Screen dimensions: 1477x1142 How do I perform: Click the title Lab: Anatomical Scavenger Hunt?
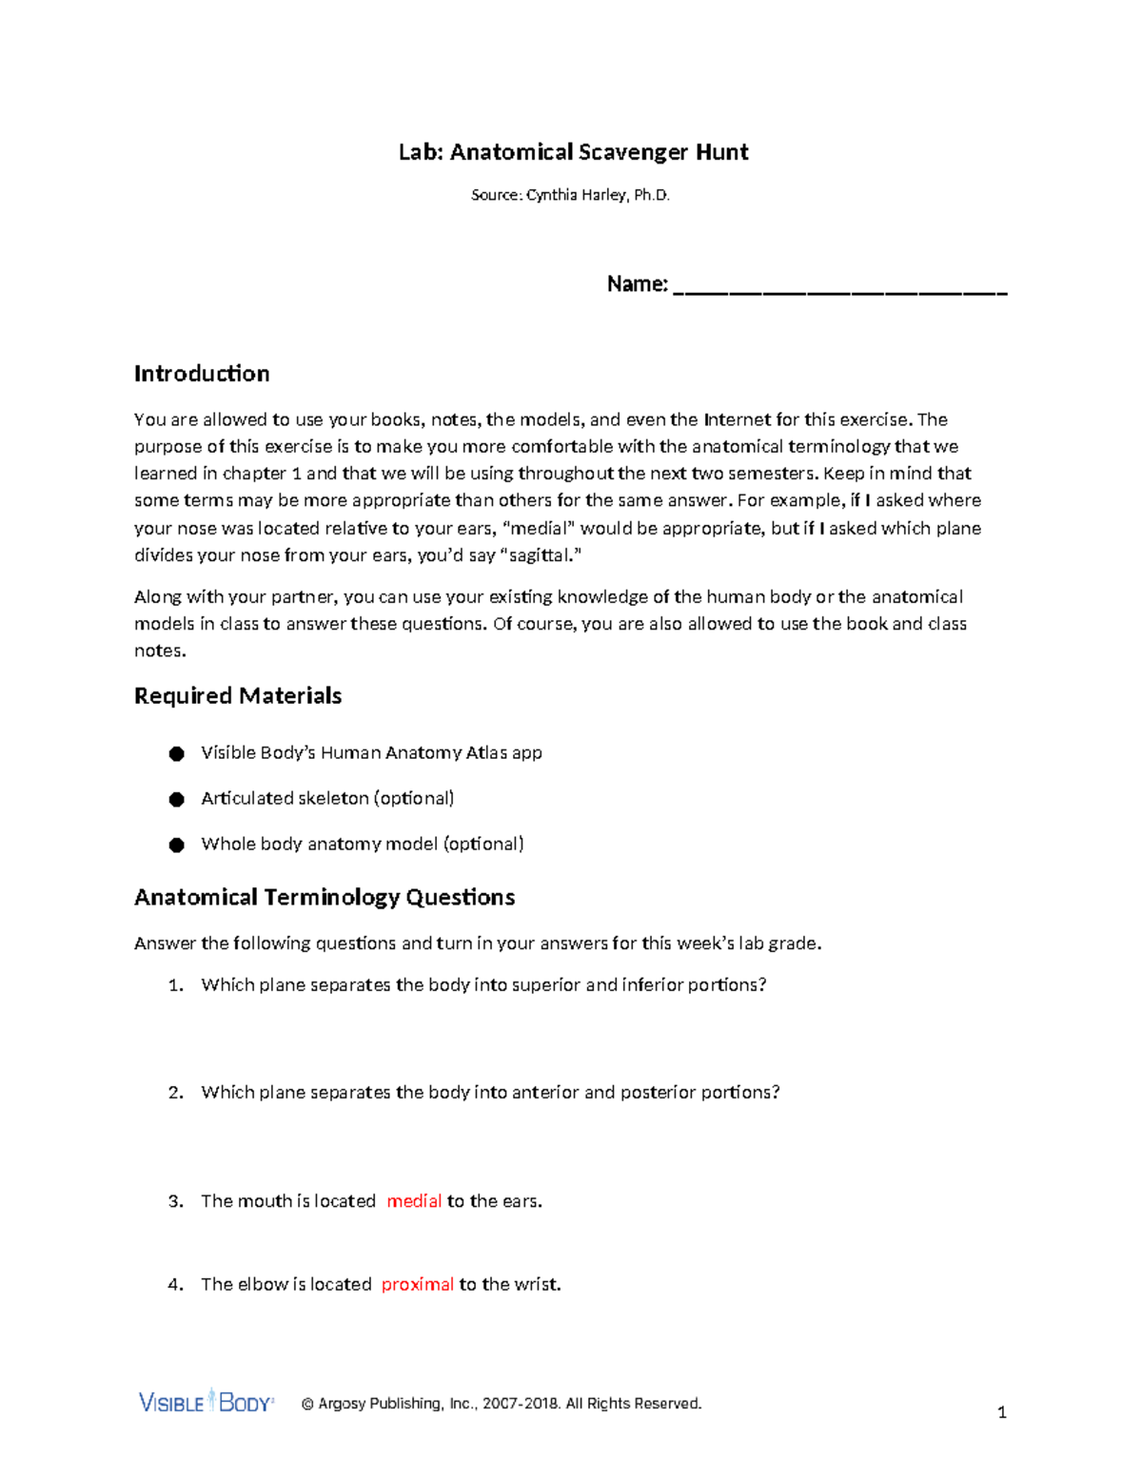(x=573, y=152)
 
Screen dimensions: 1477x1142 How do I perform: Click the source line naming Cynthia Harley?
(x=570, y=195)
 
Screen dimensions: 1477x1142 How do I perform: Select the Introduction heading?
(x=202, y=374)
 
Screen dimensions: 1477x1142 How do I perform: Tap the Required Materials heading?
(x=238, y=696)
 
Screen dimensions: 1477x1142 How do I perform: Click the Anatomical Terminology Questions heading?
(x=325, y=898)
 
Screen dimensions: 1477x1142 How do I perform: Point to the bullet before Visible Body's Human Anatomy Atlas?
(x=176, y=754)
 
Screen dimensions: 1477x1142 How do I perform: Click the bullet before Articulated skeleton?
(x=176, y=800)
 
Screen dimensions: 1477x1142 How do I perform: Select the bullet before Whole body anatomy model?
(x=176, y=845)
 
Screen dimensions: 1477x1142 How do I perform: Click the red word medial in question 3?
(x=414, y=1201)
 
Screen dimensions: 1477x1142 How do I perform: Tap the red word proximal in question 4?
(x=417, y=1285)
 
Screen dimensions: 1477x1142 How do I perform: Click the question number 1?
(x=175, y=985)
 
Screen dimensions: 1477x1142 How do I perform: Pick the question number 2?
(x=175, y=1093)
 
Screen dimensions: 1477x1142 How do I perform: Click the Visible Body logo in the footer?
(x=207, y=1402)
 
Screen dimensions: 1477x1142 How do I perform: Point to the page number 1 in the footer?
(x=1001, y=1412)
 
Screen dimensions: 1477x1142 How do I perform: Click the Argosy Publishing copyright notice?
(x=502, y=1404)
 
